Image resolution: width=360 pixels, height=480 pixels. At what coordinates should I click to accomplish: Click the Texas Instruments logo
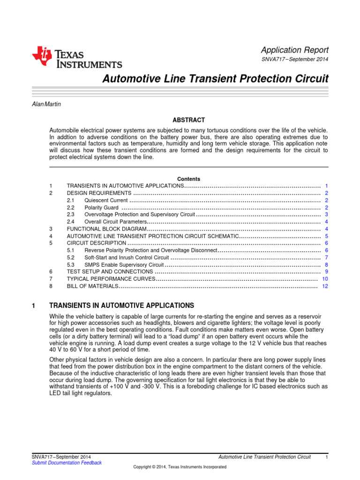click(77, 58)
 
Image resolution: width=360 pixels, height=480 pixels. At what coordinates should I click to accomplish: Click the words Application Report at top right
click(294, 50)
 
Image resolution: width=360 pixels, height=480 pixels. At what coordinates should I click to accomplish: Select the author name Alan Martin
click(46, 104)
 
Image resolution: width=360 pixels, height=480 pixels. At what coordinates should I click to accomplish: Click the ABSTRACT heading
click(188, 120)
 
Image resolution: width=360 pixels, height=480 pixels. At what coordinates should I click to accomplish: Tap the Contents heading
click(188, 179)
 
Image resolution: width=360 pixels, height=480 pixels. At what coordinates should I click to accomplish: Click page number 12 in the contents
click(325, 286)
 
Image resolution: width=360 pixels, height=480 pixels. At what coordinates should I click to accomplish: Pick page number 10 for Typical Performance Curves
click(325, 279)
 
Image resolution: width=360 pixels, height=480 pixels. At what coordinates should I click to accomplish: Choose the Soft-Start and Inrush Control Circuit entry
click(127, 257)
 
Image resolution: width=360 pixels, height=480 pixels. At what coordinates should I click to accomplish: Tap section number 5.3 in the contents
click(71, 265)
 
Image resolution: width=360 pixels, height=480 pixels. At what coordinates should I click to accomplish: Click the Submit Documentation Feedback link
click(67, 463)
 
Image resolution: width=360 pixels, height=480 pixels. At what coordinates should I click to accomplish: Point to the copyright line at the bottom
click(180, 467)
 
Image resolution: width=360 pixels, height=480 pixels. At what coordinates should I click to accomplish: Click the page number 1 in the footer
click(326, 457)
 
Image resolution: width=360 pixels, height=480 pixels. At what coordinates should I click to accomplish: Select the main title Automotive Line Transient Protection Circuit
click(215, 79)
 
